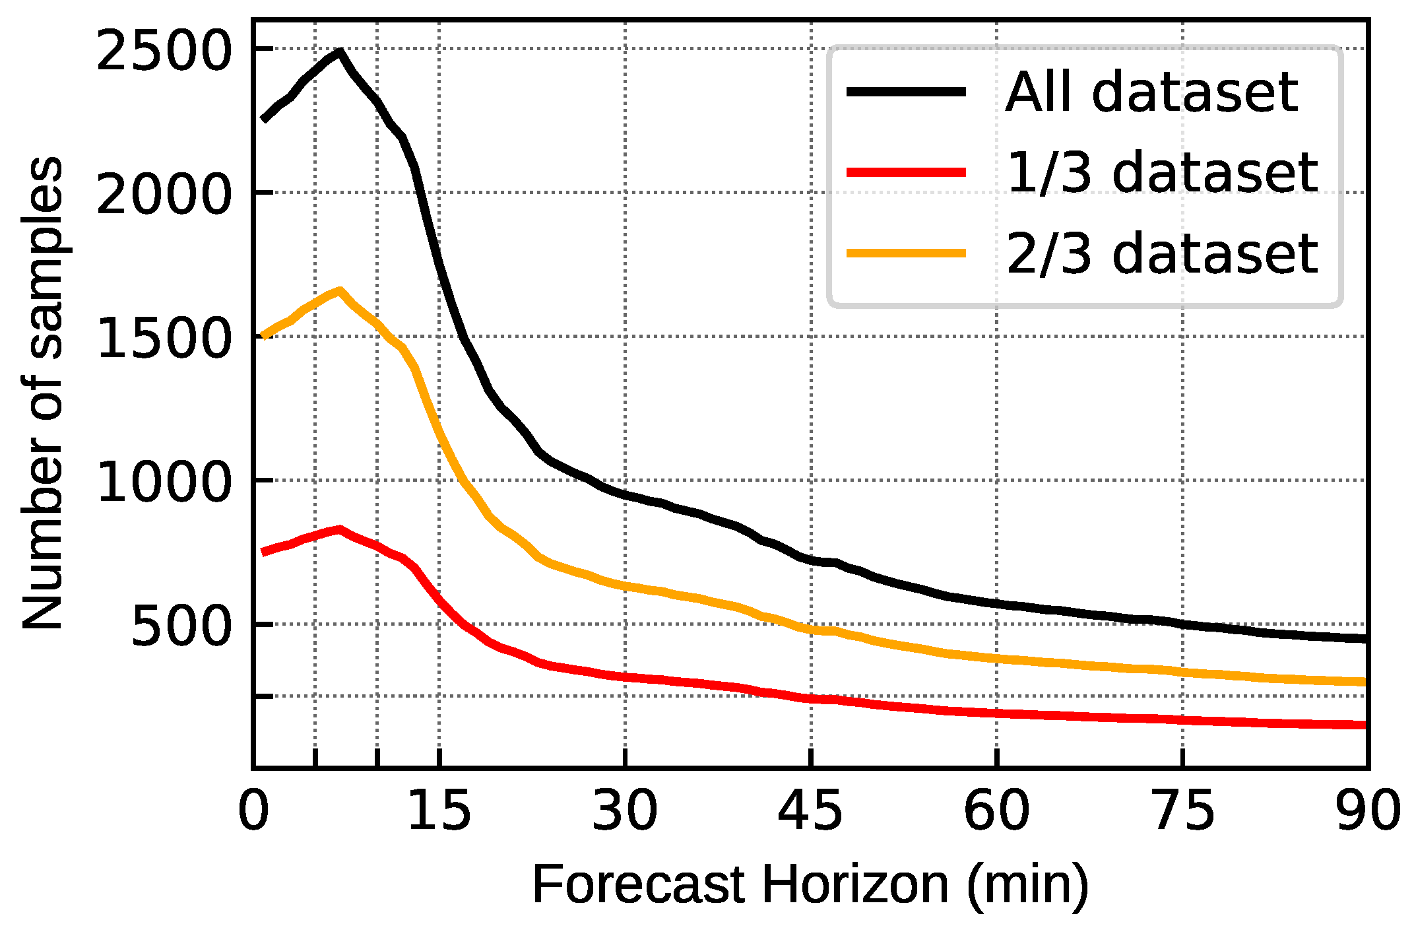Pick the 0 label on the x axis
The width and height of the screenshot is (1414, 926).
[x=253, y=810]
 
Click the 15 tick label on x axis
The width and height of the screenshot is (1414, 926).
[x=439, y=810]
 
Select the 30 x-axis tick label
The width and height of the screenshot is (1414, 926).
[x=625, y=810]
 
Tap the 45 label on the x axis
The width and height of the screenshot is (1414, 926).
[x=810, y=810]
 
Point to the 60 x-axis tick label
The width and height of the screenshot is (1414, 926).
[x=996, y=810]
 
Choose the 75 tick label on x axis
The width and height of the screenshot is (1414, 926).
[x=1182, y=810]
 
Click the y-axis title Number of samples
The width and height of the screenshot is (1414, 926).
[x=44, y=393]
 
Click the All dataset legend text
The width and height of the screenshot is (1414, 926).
[x=1151, y=92]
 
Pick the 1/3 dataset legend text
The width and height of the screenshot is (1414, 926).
[x=1161, y=173]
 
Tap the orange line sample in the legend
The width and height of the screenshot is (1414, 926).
[x=906, y=253]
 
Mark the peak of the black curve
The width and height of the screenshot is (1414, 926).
[x=339, y=51]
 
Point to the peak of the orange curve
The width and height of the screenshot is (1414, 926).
[x=339, y=291]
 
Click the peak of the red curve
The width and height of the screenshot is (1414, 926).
[x=339, y=529]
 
